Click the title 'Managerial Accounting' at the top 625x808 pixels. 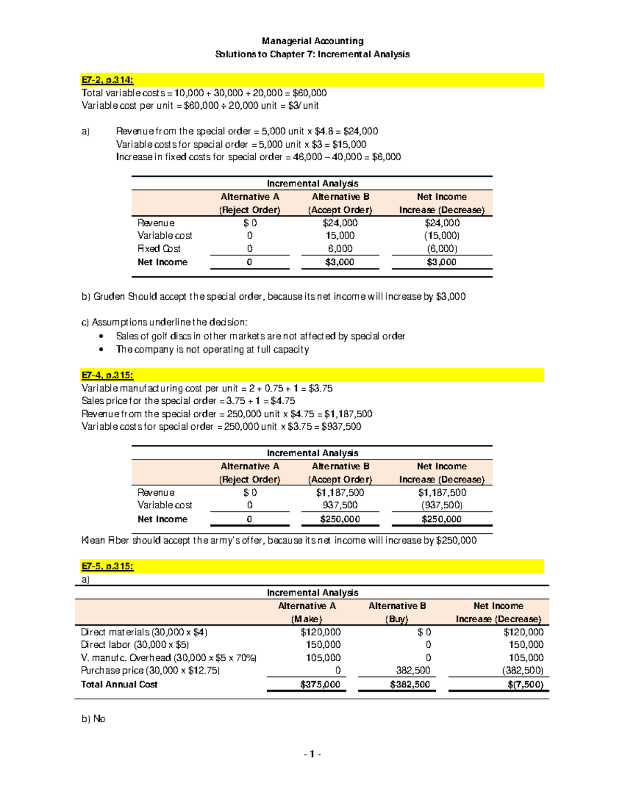click(x=312, y=41)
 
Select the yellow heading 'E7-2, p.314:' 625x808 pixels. click(x=107, y=80)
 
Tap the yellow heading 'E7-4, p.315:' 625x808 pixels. click(x=107, y=375)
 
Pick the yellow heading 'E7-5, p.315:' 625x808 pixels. click(x=107, y=566)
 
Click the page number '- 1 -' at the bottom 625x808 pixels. click(x=312, y=754)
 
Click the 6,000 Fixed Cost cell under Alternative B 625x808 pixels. click(x=340, y=249)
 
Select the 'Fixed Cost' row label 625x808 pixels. click(x=159, y=249)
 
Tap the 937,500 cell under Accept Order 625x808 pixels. click(x=340, y=505)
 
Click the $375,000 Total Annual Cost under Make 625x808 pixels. click(x=320, y=684)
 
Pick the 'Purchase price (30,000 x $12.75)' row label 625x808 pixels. click(x=150, y=670)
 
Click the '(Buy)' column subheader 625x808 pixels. click(x=397, y=619)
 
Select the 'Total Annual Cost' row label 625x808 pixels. click(x=119, y=684)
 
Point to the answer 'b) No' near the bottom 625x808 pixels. click(x=94, y=719)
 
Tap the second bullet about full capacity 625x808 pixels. click(x=213, y=350)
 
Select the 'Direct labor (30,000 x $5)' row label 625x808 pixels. click(x=135, y=645)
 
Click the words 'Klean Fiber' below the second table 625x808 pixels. click(x=105, y=540)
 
